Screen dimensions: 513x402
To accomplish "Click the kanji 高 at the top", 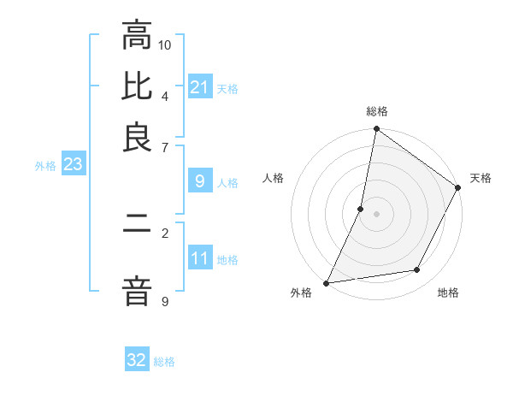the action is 137,38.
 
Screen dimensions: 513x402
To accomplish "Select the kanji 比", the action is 137,87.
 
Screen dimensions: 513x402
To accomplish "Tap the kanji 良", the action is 137,138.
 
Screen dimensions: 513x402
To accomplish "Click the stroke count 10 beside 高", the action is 165,44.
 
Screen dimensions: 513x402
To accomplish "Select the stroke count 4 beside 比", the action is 165,95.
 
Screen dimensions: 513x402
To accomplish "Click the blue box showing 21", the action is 200,87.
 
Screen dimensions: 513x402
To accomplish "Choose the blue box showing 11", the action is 200,258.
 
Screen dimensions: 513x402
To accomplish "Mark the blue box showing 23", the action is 73,164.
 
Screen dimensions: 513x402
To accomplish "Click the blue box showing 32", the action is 137,360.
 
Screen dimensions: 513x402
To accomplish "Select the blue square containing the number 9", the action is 200,181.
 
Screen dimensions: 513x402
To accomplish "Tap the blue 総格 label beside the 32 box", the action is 164,362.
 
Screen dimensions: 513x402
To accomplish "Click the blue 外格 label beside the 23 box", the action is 45,166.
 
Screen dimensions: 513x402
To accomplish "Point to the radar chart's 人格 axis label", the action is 274,178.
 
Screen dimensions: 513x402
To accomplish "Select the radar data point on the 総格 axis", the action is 376,129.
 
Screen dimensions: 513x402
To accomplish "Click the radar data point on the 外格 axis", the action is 327,282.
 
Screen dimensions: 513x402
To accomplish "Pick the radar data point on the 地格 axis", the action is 417,270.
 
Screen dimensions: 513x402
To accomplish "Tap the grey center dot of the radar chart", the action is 376,213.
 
